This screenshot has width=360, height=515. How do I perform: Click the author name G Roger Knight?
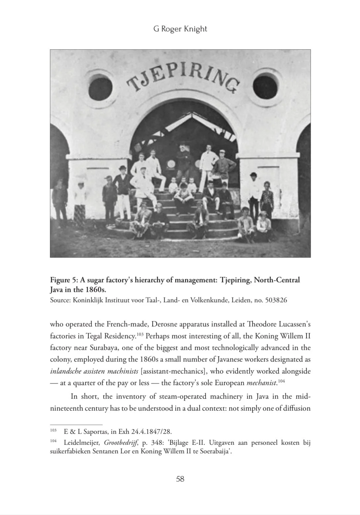180,29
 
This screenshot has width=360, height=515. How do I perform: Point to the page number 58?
180,479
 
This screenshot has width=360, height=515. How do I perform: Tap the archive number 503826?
276,300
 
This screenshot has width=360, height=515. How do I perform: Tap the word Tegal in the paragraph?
94,336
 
